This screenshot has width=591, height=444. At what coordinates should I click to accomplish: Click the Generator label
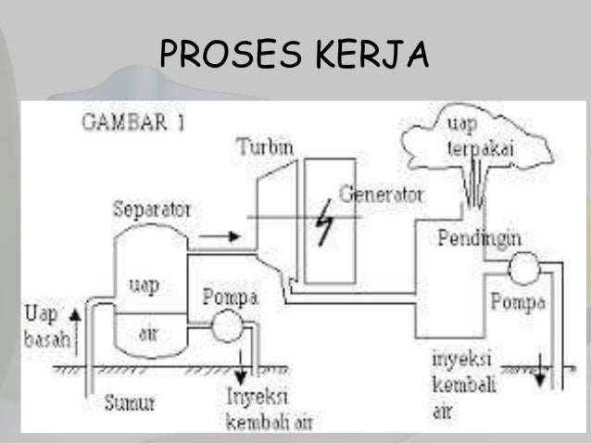[381, 196]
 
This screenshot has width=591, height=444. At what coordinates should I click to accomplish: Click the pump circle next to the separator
[223, 327]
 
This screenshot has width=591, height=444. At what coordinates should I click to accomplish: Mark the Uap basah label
[47, 323]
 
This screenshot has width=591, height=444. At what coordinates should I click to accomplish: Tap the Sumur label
[127, 402]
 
